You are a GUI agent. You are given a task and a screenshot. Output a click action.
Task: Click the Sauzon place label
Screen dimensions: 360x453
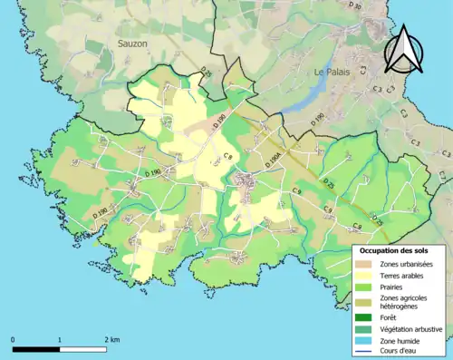133,43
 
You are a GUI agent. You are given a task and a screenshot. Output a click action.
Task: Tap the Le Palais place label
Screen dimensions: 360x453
331,72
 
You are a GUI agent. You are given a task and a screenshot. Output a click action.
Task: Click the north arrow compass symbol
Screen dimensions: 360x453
405,50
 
